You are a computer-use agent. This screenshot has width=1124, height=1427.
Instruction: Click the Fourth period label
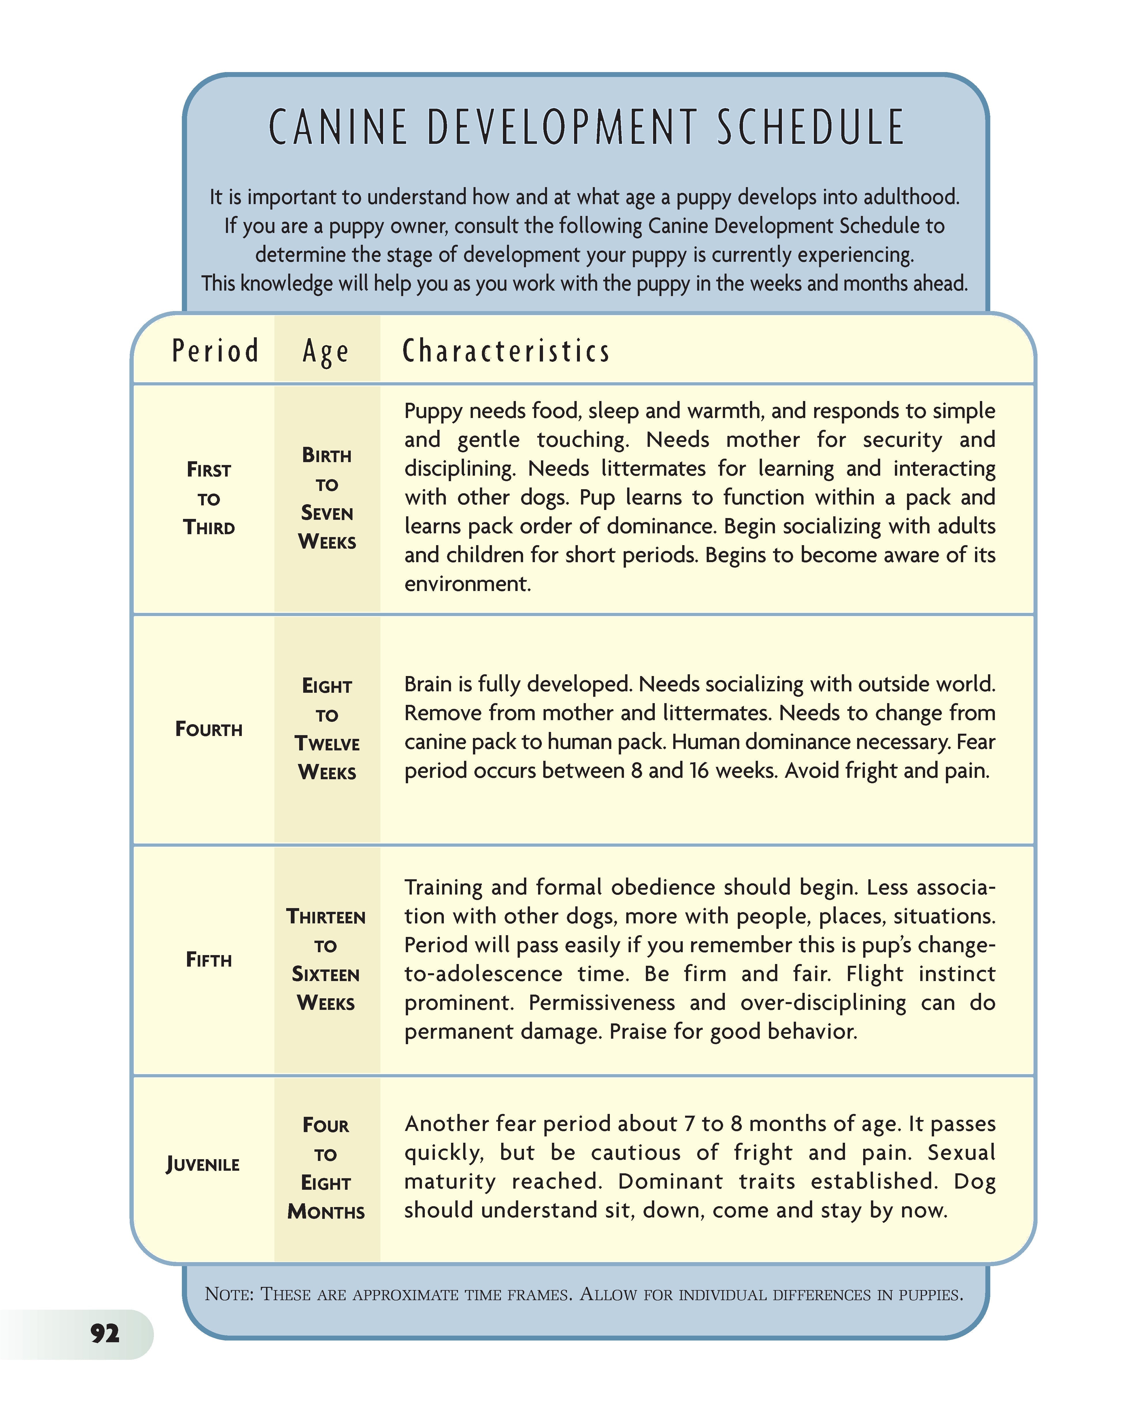pyautogui.click(x=209, y=729)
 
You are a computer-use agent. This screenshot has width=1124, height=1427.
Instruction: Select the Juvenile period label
pyautogui.click(x=203, y=1164)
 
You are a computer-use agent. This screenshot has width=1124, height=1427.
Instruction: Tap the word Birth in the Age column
pyautogui.click(x=327, y=455)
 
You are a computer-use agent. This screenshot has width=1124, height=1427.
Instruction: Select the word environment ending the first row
pyautogui.click(x=467, y=584)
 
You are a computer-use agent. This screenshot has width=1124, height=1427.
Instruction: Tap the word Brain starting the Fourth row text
pyautogui.click(x=428, y=685)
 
